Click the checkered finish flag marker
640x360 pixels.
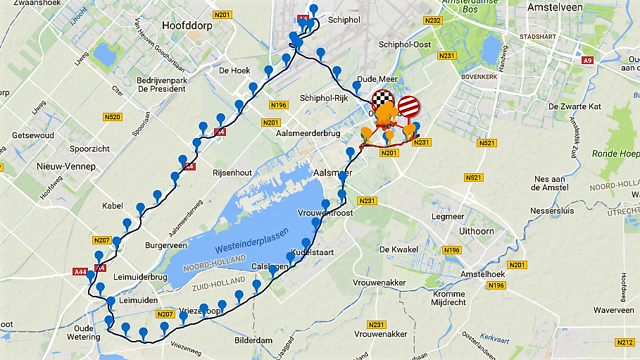coord(382,101)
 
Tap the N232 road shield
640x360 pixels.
coord(432,20)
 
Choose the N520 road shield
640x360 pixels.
coord(113,116)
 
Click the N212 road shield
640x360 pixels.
coord(625,342)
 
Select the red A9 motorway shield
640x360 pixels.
coord(587,61)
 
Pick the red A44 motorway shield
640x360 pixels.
coord(80,271)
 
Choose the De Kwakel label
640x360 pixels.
coord(399,249)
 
